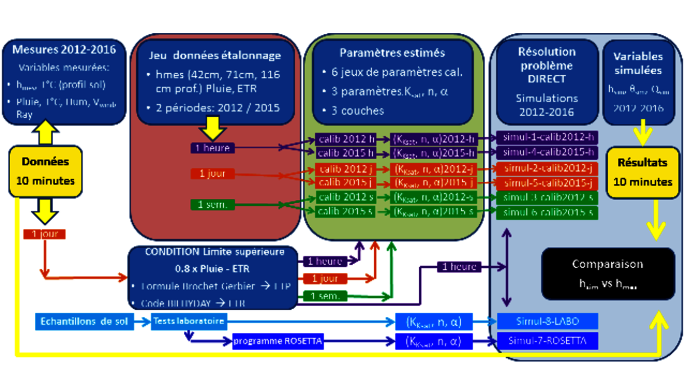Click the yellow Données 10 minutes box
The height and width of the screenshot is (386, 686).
click(46, 171)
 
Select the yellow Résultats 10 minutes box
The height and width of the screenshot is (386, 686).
click(642, 172)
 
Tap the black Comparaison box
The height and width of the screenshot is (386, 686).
click(608, 273)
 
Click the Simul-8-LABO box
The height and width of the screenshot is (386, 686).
click(547, 321)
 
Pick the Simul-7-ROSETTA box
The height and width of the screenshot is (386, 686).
click(547, 340)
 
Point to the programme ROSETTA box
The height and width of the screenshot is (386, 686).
click(278, 341)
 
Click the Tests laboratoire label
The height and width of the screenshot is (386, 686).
click(188, 321)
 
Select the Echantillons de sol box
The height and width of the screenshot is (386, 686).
click(84, 321)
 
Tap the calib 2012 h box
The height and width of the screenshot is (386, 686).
click(346, 139)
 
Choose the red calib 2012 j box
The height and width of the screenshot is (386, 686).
click(346, 169)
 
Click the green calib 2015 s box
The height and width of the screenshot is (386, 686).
click(346, 211)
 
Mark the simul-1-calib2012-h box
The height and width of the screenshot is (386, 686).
click(547, 138)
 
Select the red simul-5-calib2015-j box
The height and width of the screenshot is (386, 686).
click(547, 183)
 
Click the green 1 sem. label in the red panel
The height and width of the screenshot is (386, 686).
click(212, 205)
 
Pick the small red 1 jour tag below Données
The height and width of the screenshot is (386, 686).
click(45, 234)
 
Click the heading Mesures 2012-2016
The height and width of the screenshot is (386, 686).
click(64, 50)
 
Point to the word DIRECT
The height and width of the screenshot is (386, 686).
click(546, 79)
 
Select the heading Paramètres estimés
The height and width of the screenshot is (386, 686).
click(392, 53)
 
